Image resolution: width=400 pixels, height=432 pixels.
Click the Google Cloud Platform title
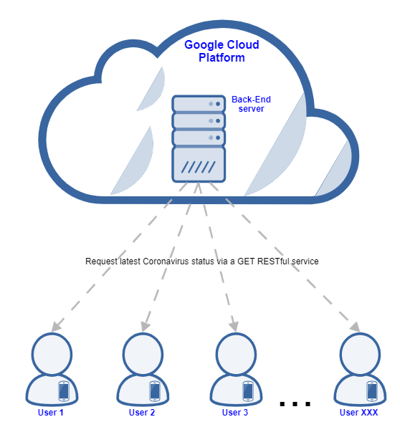[x=222, y=52]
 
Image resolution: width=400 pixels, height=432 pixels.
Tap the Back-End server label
[x=251, y=104]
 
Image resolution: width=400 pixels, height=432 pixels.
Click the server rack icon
[x=199, y=138]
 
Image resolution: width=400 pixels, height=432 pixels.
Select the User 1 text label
[x=50, y=413]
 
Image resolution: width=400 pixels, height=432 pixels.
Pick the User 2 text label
[x=142, y=413]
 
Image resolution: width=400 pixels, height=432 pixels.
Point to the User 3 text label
[x=235, y=413]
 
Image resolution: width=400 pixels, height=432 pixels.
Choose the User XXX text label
[x=358, y=413]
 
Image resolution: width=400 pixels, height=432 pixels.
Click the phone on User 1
[x=64, y=391]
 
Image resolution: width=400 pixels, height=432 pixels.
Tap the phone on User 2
[x=155, y=391]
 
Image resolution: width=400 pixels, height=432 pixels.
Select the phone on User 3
[x=248, y=391]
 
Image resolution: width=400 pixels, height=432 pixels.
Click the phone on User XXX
[x=372, y=391]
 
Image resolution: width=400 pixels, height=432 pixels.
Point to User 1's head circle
[x=52, y=354]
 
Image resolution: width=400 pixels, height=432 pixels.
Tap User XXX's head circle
[x=360, y=354]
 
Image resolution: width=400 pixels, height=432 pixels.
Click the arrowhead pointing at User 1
[x=56, y=327]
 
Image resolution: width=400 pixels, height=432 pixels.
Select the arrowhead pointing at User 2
[x=145, y=327]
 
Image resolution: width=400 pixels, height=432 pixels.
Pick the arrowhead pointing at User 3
[x=234, y=327]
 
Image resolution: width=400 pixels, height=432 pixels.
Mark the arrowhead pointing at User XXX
[x=355, y=327]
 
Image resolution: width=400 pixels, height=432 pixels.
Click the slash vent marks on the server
[x=199, y=167]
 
